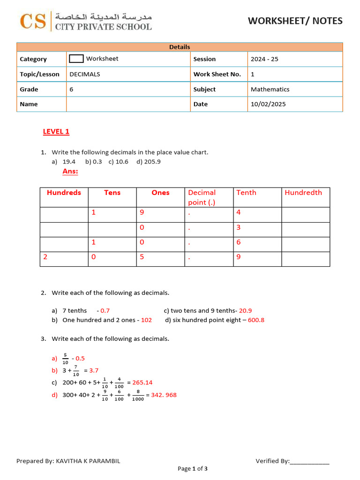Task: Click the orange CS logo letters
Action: click(x=33, y=21)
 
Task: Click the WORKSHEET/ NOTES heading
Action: click(x=295, y=21)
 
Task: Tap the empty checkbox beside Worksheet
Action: click(x=76, y=59)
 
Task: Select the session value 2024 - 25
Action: click(x=264, y=59)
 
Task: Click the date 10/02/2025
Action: click(x=268, y=104)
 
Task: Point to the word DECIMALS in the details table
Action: click(x=85, y=74)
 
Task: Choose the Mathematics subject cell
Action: click(x=270, y=89)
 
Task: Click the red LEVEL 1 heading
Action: click(x=56, y=131)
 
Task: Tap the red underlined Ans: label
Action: click(x=70, y=171)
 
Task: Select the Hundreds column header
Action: click(x=64, y=193)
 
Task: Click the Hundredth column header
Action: click(x=303, y=193)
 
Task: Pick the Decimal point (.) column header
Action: click(x=202, y=197)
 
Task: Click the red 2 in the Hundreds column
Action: click(x=45, y=257)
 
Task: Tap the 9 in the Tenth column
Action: click(x=239, y=257)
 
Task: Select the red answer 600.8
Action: click(x=256, y=320)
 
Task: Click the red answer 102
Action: click(x=147, y=320)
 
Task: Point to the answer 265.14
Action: click(x=142, y=382)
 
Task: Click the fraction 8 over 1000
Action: click(x=138, y=395)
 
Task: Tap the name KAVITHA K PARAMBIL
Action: click(x=88, y=461)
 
